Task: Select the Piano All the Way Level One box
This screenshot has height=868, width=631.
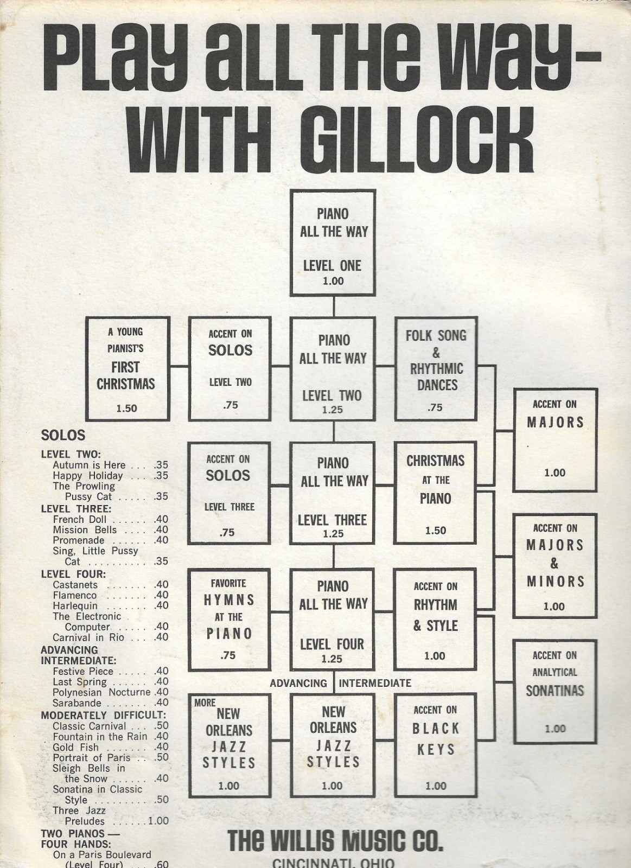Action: [x=333, y=242]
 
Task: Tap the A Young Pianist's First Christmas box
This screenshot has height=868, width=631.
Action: [x=128, y=368]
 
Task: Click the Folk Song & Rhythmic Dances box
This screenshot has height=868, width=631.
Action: [x=436, y=368]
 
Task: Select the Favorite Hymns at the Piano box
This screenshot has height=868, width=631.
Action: [x=228, y=620]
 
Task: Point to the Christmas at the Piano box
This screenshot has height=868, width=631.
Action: [x=435, y=493]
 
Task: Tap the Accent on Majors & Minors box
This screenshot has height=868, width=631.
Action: [x=554, y=566]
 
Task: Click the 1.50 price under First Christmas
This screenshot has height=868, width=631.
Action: [x=127, y=409]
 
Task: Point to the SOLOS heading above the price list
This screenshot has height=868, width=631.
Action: [x=63, y=435]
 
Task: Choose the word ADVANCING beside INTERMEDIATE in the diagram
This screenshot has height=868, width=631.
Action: [x=298, y=683]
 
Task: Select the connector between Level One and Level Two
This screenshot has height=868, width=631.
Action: [x=333, y=307]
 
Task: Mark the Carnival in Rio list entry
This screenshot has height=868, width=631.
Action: [x=111, y=637]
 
